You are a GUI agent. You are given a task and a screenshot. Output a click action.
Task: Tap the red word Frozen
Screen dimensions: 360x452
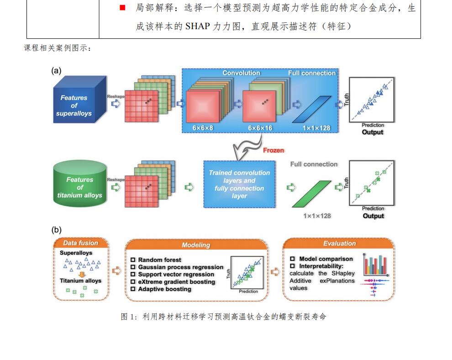pos(273,150)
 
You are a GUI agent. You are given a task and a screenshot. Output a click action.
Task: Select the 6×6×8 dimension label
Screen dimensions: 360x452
pos(202,128)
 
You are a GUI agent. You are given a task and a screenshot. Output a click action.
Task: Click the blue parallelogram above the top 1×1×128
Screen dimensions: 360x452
pos(310,110)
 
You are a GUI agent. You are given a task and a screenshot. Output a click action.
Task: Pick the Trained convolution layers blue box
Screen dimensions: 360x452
pos(239,184)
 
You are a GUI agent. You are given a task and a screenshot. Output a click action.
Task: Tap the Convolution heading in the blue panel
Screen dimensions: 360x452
pos(241,73)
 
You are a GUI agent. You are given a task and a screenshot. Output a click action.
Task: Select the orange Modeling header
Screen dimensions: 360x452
pos(196,245)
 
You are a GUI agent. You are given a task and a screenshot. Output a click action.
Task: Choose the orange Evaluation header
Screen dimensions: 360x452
pos(339,243)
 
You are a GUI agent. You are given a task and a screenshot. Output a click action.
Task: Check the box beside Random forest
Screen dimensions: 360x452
pos(133,260)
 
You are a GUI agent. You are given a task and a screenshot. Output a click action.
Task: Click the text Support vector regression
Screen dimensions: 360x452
pos(176,275)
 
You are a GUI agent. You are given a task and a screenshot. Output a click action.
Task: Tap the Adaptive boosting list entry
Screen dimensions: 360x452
pos(164,289)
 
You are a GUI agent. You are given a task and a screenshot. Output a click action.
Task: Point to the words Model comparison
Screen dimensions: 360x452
pos(326,259)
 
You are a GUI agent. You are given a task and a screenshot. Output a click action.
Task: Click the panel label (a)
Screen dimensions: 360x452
pos(57,70)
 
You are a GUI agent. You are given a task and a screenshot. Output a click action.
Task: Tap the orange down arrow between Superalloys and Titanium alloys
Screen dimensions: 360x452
pos(80,274)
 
